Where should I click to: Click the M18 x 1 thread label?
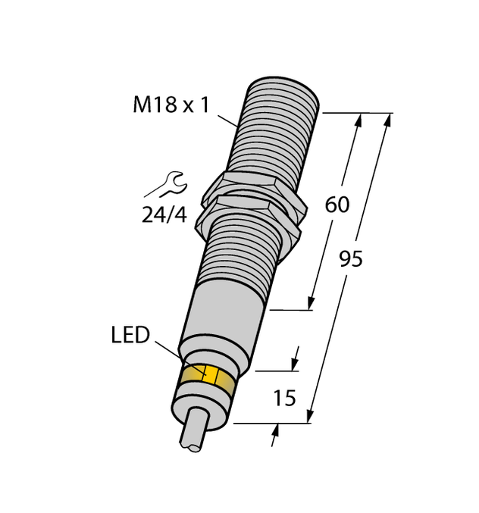(171, 105)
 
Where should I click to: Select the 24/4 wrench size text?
(164, 215)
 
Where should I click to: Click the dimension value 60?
(337, 205)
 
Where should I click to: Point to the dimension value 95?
(350, 260)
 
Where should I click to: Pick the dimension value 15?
(284, 397)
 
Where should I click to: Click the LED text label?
(130, 335)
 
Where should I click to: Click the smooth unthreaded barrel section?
(228, 310)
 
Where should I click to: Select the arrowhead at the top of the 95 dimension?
(387, 118)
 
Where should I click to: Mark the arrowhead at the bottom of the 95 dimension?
(309, 418)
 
